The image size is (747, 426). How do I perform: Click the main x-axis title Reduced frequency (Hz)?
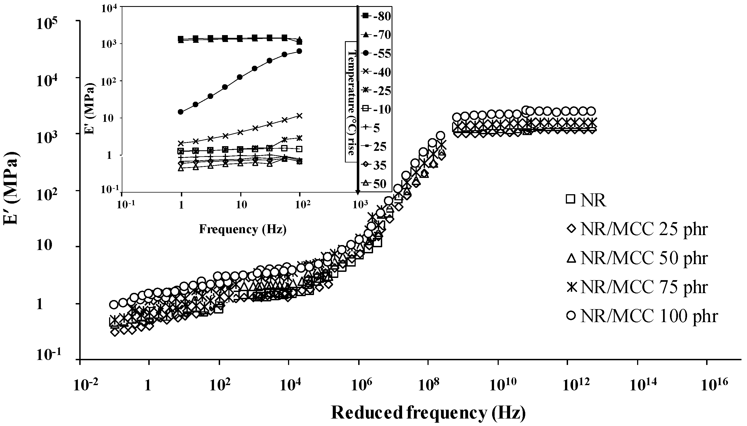[428, 413]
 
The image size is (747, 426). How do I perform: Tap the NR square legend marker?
[570, 199]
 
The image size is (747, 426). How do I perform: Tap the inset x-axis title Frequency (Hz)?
[243, 229]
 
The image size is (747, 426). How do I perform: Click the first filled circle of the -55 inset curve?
[181, 112]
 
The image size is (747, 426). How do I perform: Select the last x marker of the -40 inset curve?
[299, 115]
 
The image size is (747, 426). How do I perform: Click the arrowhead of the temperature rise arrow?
[358, 192]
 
